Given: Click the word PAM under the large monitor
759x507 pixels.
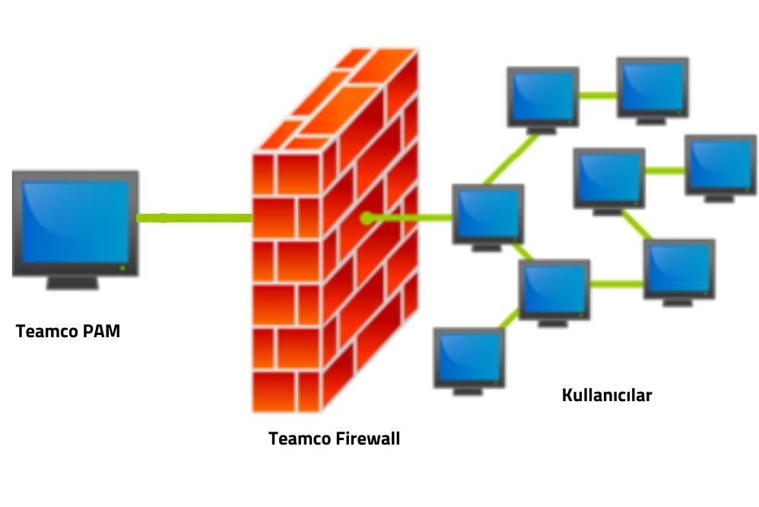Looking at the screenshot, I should point(101,332).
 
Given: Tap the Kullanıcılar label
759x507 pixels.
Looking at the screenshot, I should point(606,394).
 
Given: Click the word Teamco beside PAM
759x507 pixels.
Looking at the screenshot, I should point(48,332).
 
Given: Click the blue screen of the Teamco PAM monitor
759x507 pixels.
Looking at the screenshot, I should point(75,221).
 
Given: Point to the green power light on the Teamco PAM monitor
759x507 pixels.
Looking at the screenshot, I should point(122,268).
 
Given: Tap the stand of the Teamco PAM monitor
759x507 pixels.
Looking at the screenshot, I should point(73,282).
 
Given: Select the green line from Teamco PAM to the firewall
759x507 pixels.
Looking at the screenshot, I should point(194,218).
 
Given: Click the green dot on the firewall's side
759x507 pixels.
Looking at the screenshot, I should point(367,218).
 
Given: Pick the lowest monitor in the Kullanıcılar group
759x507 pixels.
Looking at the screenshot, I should point(468,358).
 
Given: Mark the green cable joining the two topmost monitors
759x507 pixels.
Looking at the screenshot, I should point(597,95).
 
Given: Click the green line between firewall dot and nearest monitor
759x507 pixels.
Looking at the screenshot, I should point(411,218).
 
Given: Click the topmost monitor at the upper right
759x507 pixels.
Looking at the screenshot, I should point(653,85).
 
